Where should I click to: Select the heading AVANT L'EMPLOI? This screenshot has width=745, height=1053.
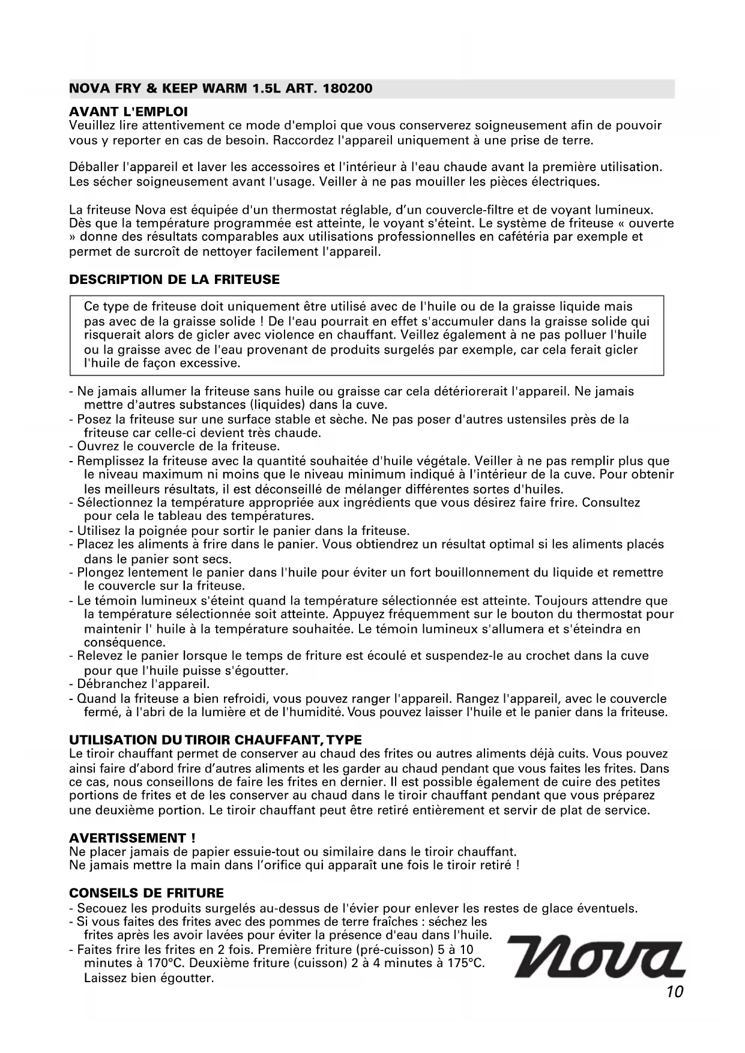tap(128, 112)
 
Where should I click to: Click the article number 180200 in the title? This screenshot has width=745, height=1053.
tap(348, 89)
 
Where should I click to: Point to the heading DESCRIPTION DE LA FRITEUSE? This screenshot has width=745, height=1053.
tap(175, 280)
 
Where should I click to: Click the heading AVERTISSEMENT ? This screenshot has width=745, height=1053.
tap(132, 838)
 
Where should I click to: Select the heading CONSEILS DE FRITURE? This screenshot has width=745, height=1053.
tap(146, 893)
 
